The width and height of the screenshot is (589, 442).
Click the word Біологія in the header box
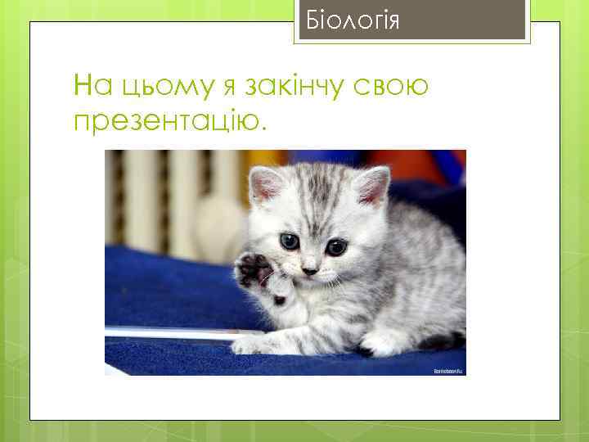click(353, 20)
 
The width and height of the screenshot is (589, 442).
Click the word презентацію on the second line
click(169, 120)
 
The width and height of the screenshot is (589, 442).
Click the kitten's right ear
click(373, 184)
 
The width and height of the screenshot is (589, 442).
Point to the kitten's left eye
click(290, 241)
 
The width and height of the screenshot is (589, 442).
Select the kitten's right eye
click(336, 246)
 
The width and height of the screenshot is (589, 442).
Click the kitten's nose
click(310, 269)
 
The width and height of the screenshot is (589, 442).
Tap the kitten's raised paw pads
click(253, 270)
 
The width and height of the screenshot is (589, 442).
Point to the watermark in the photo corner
click(448, 371)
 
